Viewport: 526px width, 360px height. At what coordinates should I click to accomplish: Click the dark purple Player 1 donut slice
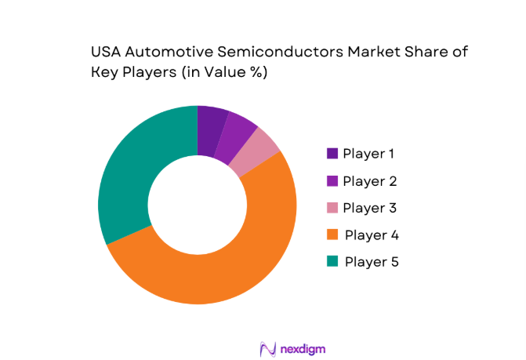click(210, 129)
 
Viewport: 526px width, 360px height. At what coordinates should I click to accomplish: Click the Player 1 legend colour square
click(332, 154)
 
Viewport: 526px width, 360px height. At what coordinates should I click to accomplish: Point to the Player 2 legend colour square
click(332, 181)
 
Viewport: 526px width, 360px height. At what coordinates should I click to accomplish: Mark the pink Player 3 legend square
click(332, 208)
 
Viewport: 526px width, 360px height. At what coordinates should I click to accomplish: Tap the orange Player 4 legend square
click(332, 235)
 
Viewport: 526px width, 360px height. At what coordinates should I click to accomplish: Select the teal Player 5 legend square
click(332, 261)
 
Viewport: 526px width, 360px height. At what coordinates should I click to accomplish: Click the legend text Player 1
click(369, 154)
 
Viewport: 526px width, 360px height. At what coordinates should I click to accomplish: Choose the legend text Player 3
click(370, 208)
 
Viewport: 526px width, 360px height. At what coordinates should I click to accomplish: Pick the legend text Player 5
click(372, 261)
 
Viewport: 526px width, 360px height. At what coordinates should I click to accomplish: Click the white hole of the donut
click(198, 205)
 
